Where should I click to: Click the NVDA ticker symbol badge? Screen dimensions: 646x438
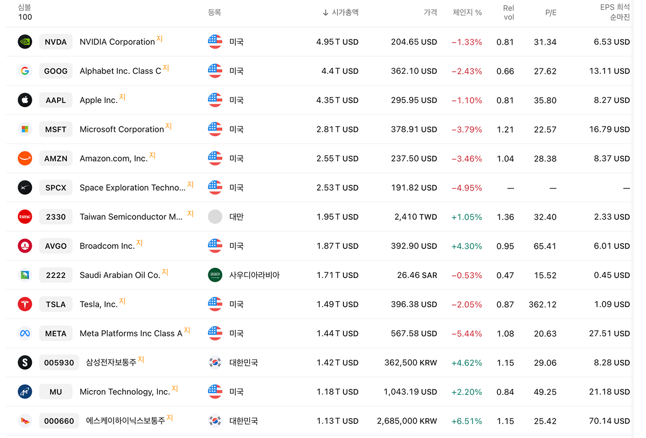click(x=55, y=42)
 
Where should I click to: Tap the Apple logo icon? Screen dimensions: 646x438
click(x=25, y=100)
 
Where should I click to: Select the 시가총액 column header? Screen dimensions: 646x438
click(x=345, y=12)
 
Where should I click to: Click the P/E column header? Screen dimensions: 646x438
click(x=551, y=13)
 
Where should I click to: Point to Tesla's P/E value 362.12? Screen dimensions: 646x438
click(x=542, y=304)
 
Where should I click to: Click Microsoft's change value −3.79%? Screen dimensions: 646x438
click(x=467, y=129)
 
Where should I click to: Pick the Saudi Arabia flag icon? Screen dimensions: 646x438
click(x=215, y=275)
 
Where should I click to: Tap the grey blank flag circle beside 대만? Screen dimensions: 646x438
click(x=215, y=217)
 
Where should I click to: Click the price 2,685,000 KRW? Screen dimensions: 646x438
click(x=406, y=421)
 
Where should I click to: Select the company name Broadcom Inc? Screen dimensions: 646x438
click(x=107, y=246)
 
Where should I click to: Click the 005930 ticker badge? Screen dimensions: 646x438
click(x=59, y=363)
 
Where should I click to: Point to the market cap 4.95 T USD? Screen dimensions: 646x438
click(x=337, y=42)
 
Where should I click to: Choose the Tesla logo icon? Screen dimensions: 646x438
click(x=25, y=304)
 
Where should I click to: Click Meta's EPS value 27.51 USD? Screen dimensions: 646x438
click(x=609, y=333)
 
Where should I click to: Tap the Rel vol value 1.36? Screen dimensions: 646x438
click(x=505, y=217)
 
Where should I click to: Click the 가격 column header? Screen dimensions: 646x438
click(x=430, y=12)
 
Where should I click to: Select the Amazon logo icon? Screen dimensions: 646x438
click(x=25, y=158)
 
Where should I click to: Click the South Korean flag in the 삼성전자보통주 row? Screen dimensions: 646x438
click(x=215, y=363)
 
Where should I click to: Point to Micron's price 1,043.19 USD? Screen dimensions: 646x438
click(x=410, y=392)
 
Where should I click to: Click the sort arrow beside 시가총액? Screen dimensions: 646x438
click(x=325, y=13)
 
